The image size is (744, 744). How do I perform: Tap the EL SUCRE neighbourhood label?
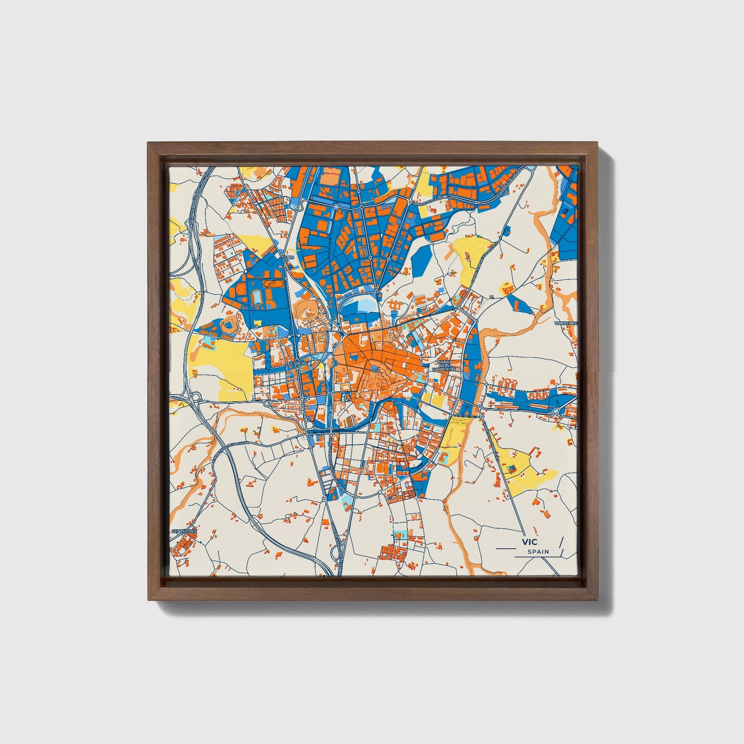click(297, 363)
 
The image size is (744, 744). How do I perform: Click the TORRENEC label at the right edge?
click(566, 323)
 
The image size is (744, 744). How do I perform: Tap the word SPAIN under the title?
click(538, 551)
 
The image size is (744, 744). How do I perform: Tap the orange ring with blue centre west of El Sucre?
click(229, 325)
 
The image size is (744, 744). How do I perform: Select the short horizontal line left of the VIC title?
click(505, 549)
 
